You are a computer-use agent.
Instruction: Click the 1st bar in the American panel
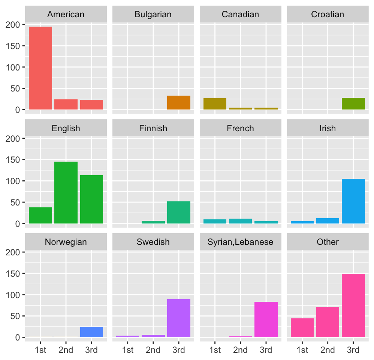pos(40,68)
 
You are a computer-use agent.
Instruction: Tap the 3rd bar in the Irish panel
pos(353,201)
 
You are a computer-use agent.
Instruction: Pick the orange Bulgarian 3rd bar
pos(179,102)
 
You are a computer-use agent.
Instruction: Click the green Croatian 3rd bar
pos(353,103)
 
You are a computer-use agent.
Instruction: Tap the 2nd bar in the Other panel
pos(328,322)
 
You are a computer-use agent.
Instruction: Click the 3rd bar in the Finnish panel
pos(179,212)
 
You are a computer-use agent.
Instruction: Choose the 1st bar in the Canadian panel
pos(215,104)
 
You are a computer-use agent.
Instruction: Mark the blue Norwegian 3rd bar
pos(91,332)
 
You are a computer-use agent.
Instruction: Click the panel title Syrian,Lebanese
pos(241,242)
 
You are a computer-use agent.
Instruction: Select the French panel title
pos(241,129)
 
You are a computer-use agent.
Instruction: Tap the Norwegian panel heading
pos(66,242)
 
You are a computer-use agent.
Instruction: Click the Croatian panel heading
pos(328,15)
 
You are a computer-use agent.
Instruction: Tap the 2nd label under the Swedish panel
pos(153,350)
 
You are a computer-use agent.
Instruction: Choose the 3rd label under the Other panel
pos(353,350)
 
